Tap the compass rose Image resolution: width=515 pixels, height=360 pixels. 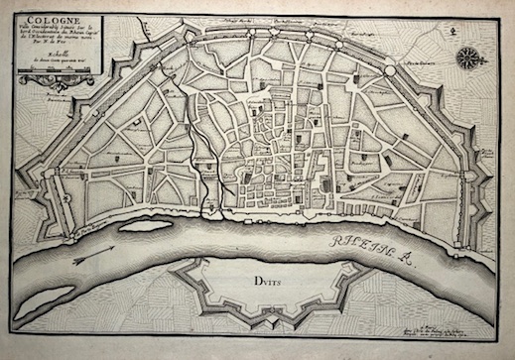pos(463,58)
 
